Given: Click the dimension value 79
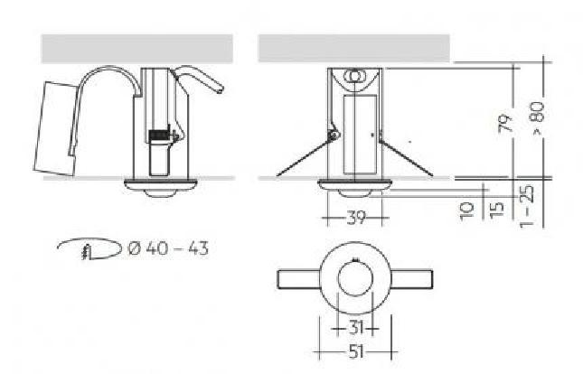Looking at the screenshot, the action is pos(505,123).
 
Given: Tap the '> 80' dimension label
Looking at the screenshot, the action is pos(538,118).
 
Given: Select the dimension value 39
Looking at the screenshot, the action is pos(355,217).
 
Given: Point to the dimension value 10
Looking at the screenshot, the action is pos(466,211).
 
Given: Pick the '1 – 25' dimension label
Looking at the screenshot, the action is pos(527,205).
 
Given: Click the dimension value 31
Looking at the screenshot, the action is pos(356,328).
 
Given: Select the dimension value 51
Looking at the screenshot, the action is pos(356,351).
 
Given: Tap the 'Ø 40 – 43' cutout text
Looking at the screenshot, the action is pos(168,248).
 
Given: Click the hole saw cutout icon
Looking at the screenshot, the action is pos(90,248).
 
